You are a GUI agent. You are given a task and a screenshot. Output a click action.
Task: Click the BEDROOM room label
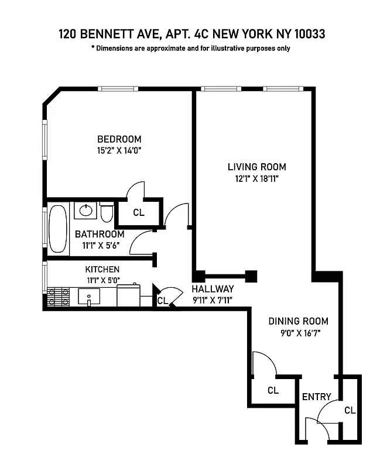(x=119, y=139)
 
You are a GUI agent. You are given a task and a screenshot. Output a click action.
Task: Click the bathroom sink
(x=87, y=210)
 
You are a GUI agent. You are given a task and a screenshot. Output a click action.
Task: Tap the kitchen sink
(x=88, y=297)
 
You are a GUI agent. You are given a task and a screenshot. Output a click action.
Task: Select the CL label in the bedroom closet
(x=138, y=213)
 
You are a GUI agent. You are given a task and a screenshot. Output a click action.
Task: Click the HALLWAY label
(x=213, y=289)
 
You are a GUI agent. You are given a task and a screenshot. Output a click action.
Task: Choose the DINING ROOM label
(x=298, y=321)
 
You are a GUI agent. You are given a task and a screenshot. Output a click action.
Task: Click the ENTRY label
(x=316, y=397)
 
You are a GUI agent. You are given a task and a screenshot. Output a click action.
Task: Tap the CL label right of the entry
(x=350, y=410)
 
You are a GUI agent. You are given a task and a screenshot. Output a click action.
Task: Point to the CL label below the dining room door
(x=272, y=390)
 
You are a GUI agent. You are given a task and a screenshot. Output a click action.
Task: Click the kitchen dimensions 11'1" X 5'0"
(x=102, y=280)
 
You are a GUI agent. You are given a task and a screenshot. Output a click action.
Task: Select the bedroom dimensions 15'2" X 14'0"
(x=119, y=150)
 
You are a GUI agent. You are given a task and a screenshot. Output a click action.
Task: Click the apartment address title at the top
(x=191, y=35)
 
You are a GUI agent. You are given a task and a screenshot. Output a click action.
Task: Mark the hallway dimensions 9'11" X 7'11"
(x=213, y=301)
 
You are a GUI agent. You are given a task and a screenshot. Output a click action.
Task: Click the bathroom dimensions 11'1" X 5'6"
(x=100, y=246)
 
